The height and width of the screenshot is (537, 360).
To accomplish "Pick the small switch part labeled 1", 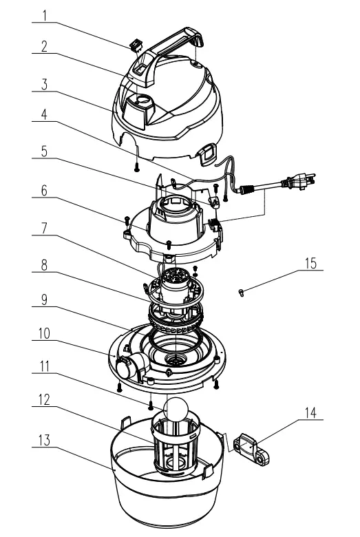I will pyautogui.click(x=136, y=46).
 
